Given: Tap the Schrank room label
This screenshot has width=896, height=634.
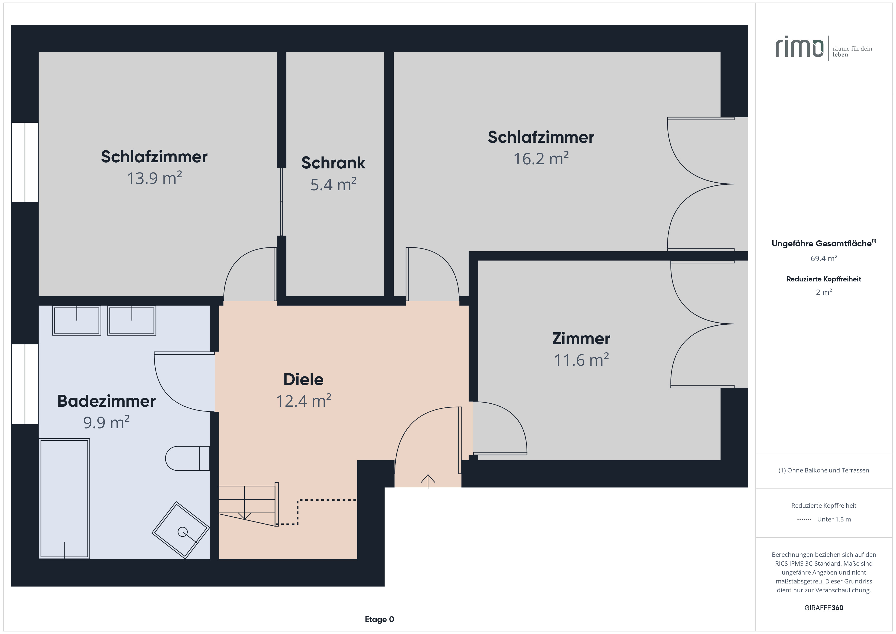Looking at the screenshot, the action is click(333, 163).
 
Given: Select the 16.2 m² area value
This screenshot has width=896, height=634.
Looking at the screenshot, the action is click(541, 158).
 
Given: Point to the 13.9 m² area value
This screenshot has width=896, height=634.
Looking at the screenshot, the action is click(154, 178).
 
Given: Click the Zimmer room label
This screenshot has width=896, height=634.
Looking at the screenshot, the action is click(581, 339).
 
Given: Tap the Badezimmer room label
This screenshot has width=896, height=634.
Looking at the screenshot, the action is click(106, 401).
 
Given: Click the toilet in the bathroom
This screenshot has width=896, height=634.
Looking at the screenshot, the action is click(187, 458).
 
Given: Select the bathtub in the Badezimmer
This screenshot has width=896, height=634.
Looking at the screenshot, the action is click(65, 499).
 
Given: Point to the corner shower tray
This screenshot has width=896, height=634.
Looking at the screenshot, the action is click(181, 530).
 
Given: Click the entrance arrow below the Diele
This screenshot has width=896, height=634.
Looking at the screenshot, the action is click(428, 481).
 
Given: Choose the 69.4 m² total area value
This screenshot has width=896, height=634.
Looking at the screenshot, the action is click(824, 258).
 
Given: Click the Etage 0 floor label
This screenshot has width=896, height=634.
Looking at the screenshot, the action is click(379, 619).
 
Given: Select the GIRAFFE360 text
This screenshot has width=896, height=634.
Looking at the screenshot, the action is click(824, 608).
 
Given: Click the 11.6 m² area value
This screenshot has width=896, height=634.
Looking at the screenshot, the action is click(581, 360).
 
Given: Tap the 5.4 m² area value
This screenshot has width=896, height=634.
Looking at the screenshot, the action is click(333, 184).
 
